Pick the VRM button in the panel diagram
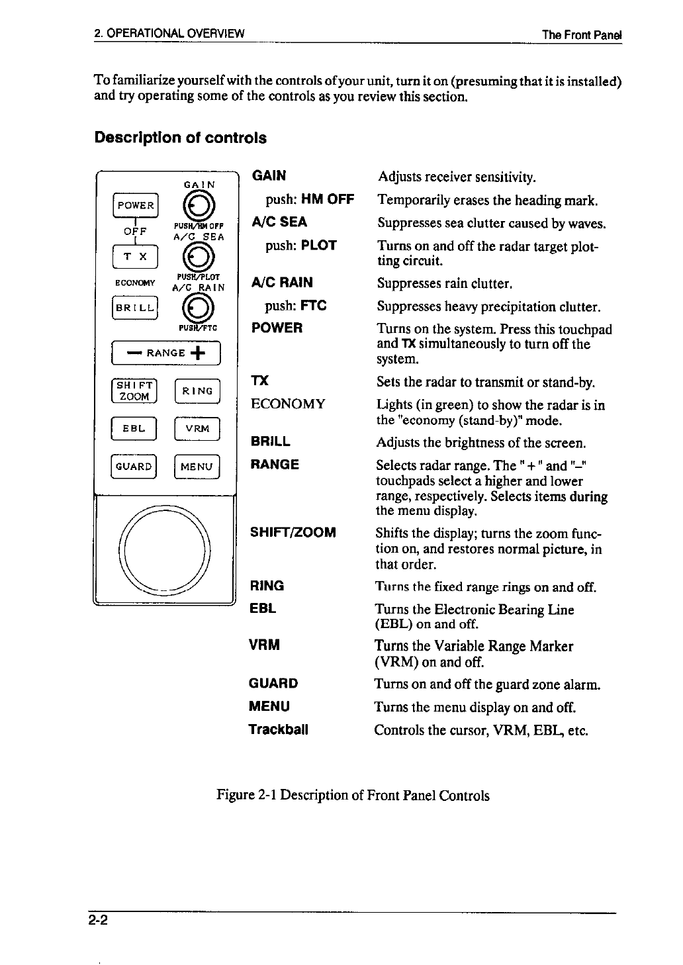click(x=197, y=428)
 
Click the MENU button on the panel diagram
click(x=197, y=467)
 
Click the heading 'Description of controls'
click(x=181, y=138)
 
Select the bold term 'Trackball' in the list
click(x=279, y=730)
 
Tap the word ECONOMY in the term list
click(x=287, y=404)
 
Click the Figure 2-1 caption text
click(x=353, y=795)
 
